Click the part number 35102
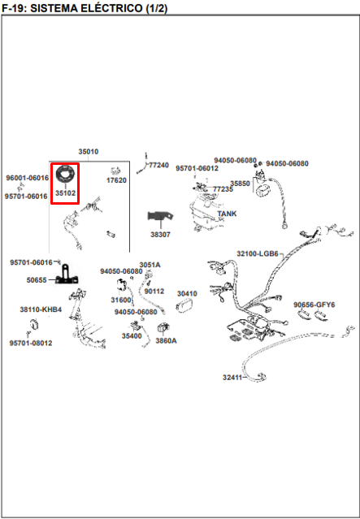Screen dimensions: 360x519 pyautogui.click(x=65, y=193)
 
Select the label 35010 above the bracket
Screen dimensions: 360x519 pyautogui.click(x=88, y=152)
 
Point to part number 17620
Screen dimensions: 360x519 pyautogui.click(x=116, y=180)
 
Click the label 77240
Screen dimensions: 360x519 pyautogui.click(x=159, y=165)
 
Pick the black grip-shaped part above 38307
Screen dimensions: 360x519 pyautogui.click(x=160, y=216)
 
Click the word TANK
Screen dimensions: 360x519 pyautogui.click(x=228, y=214)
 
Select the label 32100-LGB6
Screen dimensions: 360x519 pyautogui.click(x=258, y=254)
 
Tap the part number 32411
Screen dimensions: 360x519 pyautogui.click(x=232, y=378)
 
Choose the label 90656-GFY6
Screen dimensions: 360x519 pyautogui.click(x=314, y=305)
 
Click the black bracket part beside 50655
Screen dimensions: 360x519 pyautogui.click(x=67, y=275)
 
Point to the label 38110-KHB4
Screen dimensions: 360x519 pyautogui.click(x=41, y=309)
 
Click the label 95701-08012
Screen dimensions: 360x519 pyautogui.click(x=31, y=343)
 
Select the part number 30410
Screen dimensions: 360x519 pyautogui.click(x=187, y=293)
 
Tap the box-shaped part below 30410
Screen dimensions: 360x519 pyautogui.click(x=185, y=305)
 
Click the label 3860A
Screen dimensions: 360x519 pyautogui.click(x=167, y=340)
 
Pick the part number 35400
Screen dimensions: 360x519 pyautogui.click(x=132, y=336)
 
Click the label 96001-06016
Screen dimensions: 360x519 pyautogui.click(x=27, y=178)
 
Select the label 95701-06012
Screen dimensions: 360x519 pyautogui.click(x=197, y=168)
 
